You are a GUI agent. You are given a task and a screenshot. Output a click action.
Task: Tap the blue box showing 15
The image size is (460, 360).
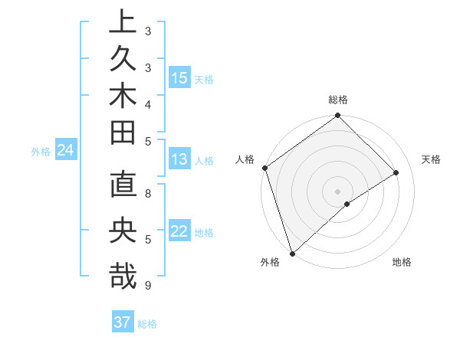[x=179, y=78]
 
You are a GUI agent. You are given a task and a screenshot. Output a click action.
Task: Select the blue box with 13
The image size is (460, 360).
[x=179, y=160]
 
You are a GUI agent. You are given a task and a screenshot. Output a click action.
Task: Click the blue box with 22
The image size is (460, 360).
[x=179, y=231]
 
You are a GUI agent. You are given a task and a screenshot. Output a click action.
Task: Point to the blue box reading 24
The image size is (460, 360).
[x=65, y=151]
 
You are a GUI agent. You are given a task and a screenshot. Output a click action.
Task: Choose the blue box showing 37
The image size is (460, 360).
[x=122, y=322]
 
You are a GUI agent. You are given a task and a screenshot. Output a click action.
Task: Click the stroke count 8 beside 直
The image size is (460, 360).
[x=148, y=194]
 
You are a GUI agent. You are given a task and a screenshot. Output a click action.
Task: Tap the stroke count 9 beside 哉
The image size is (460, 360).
[x=148, y=286]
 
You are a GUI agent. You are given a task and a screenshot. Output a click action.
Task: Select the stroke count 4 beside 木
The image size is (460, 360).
[x=148, y=104]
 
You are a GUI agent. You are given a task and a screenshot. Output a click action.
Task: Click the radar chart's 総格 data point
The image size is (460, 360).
[x=337, y=116]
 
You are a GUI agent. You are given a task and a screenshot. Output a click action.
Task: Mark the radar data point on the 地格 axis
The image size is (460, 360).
[x=347, y=204]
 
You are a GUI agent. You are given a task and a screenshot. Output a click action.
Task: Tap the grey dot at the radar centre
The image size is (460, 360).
[x=337, y=191]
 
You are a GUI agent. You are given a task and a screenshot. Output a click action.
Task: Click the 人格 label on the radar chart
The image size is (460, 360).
[x=245, y=159]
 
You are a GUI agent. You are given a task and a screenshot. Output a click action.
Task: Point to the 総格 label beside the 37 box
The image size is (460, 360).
[x=147, y=323]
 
